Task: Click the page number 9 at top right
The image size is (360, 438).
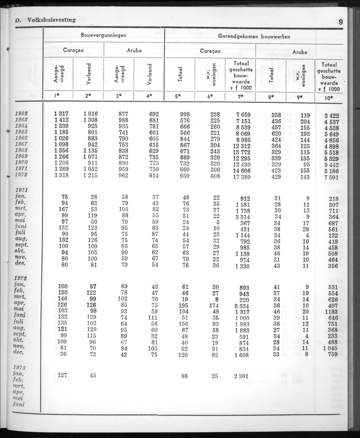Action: coord(341,22)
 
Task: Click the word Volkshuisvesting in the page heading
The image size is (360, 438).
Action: coord(51,19)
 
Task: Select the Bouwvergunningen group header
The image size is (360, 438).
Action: coord(103,36)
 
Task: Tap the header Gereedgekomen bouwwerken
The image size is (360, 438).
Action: coord(254,36)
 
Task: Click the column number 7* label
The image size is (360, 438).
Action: coord(240,96)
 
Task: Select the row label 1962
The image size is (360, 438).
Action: coord(21,113)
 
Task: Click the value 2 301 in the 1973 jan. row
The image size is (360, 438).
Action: coord(242,376)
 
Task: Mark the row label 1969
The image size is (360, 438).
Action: coord(21,156)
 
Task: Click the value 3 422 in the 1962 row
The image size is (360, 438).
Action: coord(332,116)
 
